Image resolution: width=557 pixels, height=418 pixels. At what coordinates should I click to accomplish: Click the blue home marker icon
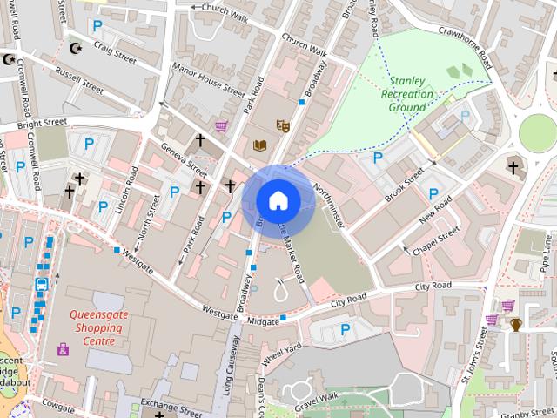click(x=278, y=200)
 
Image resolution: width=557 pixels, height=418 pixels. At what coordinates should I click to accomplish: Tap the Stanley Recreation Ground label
click(x=407, y=96)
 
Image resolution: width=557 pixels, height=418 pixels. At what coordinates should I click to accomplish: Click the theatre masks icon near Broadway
click(x=281, y=125)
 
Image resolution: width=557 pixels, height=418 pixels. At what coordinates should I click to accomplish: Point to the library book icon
click(x=259, y=145)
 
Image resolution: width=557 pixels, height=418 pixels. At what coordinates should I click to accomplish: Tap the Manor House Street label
click(x=208, y=78)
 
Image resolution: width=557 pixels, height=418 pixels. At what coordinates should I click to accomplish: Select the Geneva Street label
click(x=185, y=159)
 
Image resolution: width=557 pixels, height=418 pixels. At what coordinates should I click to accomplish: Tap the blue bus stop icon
click(x=41, y=284)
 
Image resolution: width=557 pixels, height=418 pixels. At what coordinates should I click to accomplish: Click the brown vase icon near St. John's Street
click(x=516, y=325)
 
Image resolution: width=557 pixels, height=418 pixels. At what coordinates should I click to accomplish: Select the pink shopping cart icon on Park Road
click(x=221, y=125)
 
